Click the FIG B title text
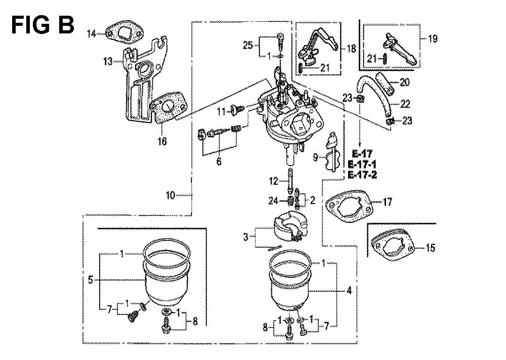coord(43,25)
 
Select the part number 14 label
coord(92,33)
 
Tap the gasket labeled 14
coord(124,33)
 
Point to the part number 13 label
coord(108,61)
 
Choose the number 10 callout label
coord(171,195)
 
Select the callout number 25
coord(248,45)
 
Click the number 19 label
coord(433,39)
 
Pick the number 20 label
coord(405,82)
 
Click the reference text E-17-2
coord(362,175)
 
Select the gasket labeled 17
coord(350,206)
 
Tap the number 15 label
coord(431,248)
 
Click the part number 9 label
coord(315,157)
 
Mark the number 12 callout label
coord(273,181)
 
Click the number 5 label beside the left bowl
coord(91,279)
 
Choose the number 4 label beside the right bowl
coord(349,291)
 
